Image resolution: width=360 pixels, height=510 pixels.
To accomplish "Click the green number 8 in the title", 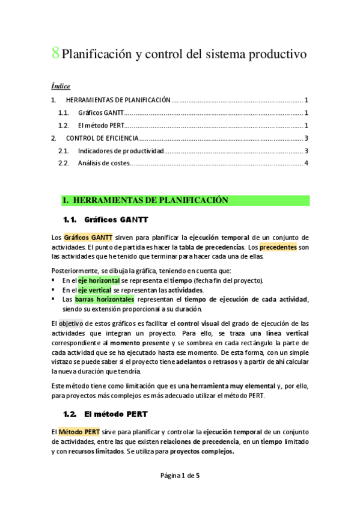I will (x=55, y=54).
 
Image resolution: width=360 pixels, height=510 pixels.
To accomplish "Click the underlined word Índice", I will (x=61, y=86).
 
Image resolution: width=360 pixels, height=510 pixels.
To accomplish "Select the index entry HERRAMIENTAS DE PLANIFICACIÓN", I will (x=118, y=100).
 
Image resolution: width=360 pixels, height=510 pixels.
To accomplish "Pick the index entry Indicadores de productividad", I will (x=121, y=150).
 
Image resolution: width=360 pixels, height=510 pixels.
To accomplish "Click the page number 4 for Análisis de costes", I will (x=307, y=163).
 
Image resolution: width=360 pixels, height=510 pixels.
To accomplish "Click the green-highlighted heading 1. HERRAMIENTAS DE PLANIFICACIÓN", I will (x=145, y=200).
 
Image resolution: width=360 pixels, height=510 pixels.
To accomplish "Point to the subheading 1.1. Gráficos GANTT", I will (x=105, y=220).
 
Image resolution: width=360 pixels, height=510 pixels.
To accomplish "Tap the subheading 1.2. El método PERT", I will (x=105, y=414).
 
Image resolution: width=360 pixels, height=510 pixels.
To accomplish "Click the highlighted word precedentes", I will (x=278, y=247).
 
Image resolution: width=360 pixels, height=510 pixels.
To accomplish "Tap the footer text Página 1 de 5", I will (x=180, y=476).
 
